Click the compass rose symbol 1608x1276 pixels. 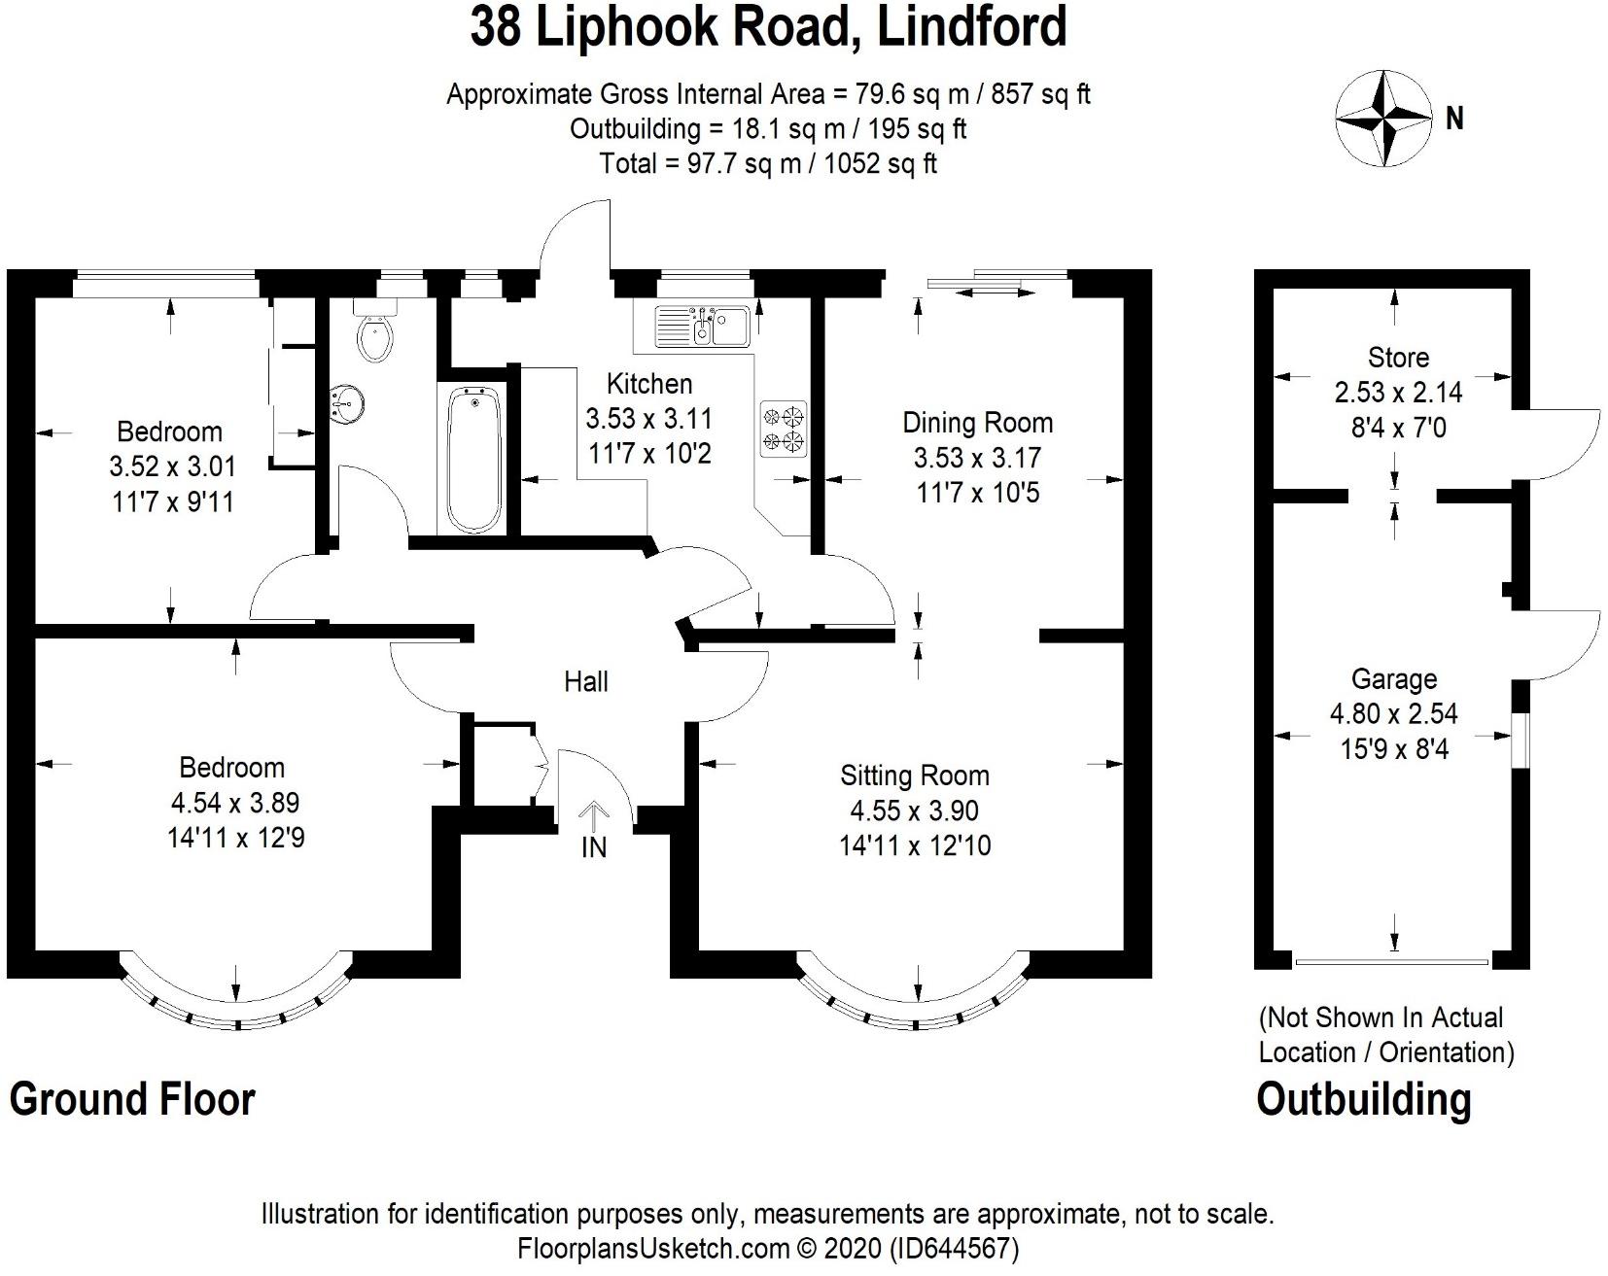tap(1384, 117)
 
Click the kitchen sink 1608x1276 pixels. tap(701, 326)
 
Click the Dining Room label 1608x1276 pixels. tap(977, 423)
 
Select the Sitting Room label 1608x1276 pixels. tap(915, 776)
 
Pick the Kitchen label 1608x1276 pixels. tap(649, 383)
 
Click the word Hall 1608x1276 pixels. tap(586, 681)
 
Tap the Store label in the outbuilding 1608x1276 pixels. tap(1398, 358)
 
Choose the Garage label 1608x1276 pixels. tap(1394, 679)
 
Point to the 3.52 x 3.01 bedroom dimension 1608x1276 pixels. tap(172, 466)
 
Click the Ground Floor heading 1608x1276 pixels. tap(132, 1099)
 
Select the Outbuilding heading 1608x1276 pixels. tap(1363, 1099)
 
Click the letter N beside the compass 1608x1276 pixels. tap(1454, 119)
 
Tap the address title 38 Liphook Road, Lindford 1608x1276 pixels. tap(768, 27)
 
